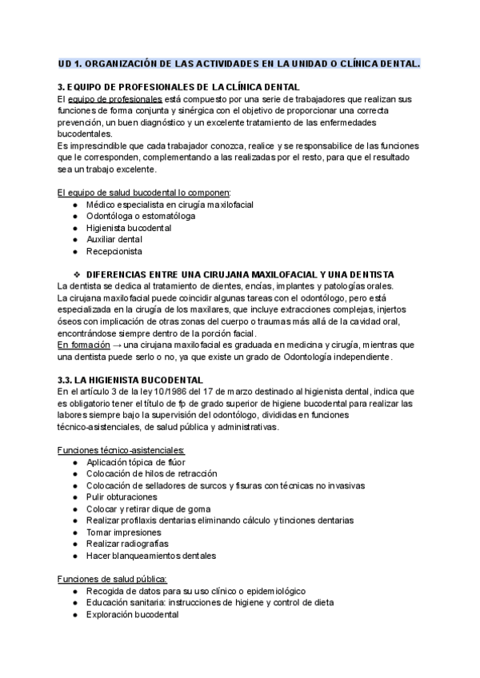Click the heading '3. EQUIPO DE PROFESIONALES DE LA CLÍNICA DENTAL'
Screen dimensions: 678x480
click(x=178, y=86)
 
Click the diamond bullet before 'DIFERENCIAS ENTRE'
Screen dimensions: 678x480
click(x=78, y=275)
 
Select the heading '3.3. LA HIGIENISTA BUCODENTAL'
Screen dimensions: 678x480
click(x=130, y=379)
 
